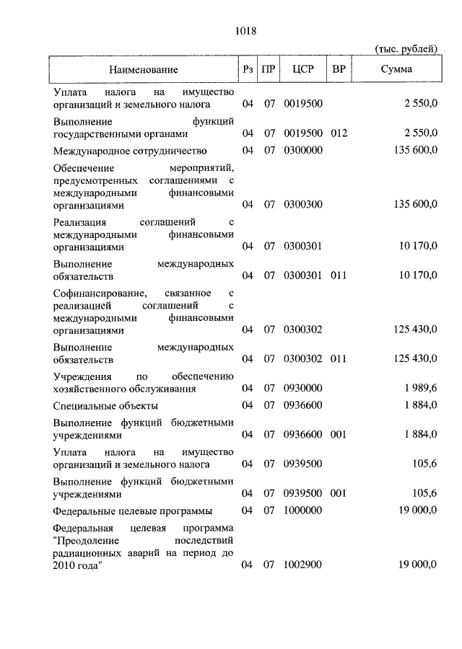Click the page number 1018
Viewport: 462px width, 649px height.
point(246,31)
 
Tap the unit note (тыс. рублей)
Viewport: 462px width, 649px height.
point(406,48)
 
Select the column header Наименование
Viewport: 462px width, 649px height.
point(144,70)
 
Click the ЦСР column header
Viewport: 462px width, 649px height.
point(302,70)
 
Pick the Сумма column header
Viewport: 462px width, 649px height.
point(398,70)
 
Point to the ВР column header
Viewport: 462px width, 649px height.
point(339,70)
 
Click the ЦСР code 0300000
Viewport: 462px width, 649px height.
point(303,151)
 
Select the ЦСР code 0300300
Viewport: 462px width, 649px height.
point(303,205)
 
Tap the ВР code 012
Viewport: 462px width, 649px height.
point(339,133)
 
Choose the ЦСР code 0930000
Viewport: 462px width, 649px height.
point(303,388)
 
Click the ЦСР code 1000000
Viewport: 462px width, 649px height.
point(303,511)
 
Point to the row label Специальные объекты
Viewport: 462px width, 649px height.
point(106,405)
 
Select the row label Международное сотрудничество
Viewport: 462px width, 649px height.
point(130,151)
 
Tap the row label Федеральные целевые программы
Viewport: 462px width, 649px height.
point(133,511)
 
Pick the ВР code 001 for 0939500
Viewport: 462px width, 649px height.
point(339,493)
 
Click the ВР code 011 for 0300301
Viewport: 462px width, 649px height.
point(339,275)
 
